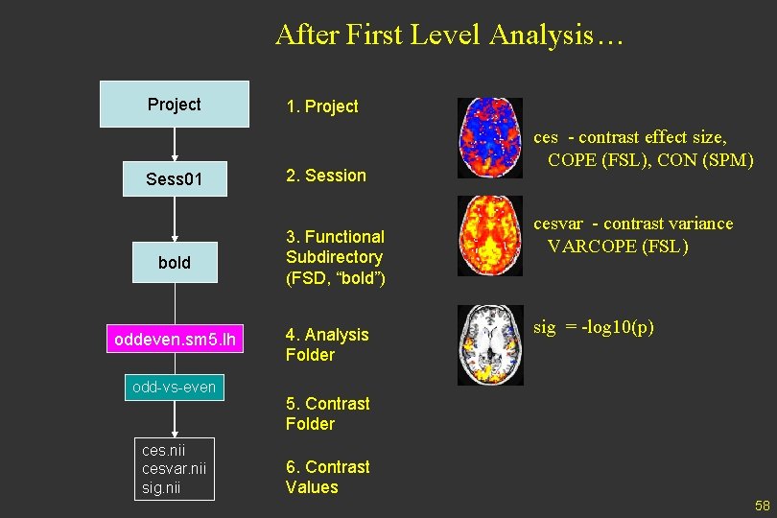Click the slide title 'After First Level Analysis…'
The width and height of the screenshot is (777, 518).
coord(450,35)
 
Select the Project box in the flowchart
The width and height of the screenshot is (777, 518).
coord(175,105)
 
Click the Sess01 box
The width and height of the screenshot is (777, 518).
coord(175,177)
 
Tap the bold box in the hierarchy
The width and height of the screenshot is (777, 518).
coord(175,262)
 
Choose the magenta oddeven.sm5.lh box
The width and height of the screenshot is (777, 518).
coord(175,340)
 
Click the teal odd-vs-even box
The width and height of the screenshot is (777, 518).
coord(174,387)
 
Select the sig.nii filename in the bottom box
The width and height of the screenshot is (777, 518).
coord(161,488)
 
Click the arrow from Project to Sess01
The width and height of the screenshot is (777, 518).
coord(175,143)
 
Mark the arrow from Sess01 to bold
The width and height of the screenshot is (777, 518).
coord(175,219)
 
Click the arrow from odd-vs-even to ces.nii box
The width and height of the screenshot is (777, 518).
coord(175,418)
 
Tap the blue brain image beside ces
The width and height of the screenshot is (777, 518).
coord(489,137)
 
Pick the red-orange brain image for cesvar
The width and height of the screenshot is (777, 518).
coord(489,235)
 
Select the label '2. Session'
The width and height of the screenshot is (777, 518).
coord(326,176)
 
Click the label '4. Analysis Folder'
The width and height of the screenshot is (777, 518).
coord(327,344)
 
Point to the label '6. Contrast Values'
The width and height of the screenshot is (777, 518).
coord(327,477)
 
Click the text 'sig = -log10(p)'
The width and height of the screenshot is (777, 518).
coord(594,327)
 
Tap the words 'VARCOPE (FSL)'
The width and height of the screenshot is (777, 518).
coord(618,246)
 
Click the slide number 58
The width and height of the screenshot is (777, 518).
coord(762,506)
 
